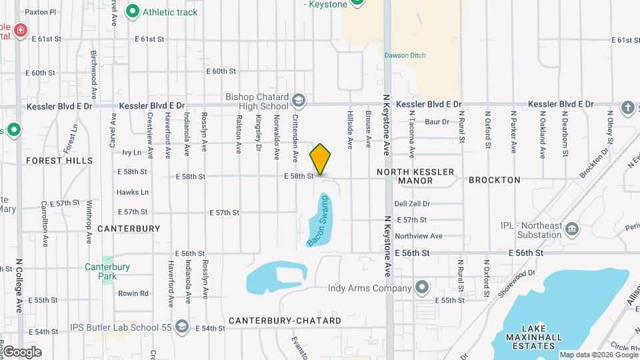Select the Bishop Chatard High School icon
pyautogui.click(x=299, y=101)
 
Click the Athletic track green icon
pyautogui.click(x=133, y=11)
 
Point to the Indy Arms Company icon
pyautogui.click(x=421, y=288)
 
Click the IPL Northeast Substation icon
pyautogui.click(x=572, y=230)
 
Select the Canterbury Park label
pyautogui.click(x=101, y=271)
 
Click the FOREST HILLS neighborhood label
pyautogui.click(x=59, y=161)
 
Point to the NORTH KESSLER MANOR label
pyautogui.click(x=415, y=176)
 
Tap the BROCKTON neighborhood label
pyautogui.click(x=494, y=180)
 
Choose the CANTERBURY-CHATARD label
pyautogui.click(x=285, y=321)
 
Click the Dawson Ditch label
pyautogui.click(x=405, y=55)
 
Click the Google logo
pyautogui.click(x=21, y=352)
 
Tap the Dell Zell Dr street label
pyautogui.click(x=412, y=204)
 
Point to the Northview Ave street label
pyautogui.click(x=418, y=236)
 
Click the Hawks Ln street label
pyautogui.click(x=132, y=192)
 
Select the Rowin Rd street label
pyautogui.click(x=133, y=293)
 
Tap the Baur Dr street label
pyautogui.click(x=437, y=122)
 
